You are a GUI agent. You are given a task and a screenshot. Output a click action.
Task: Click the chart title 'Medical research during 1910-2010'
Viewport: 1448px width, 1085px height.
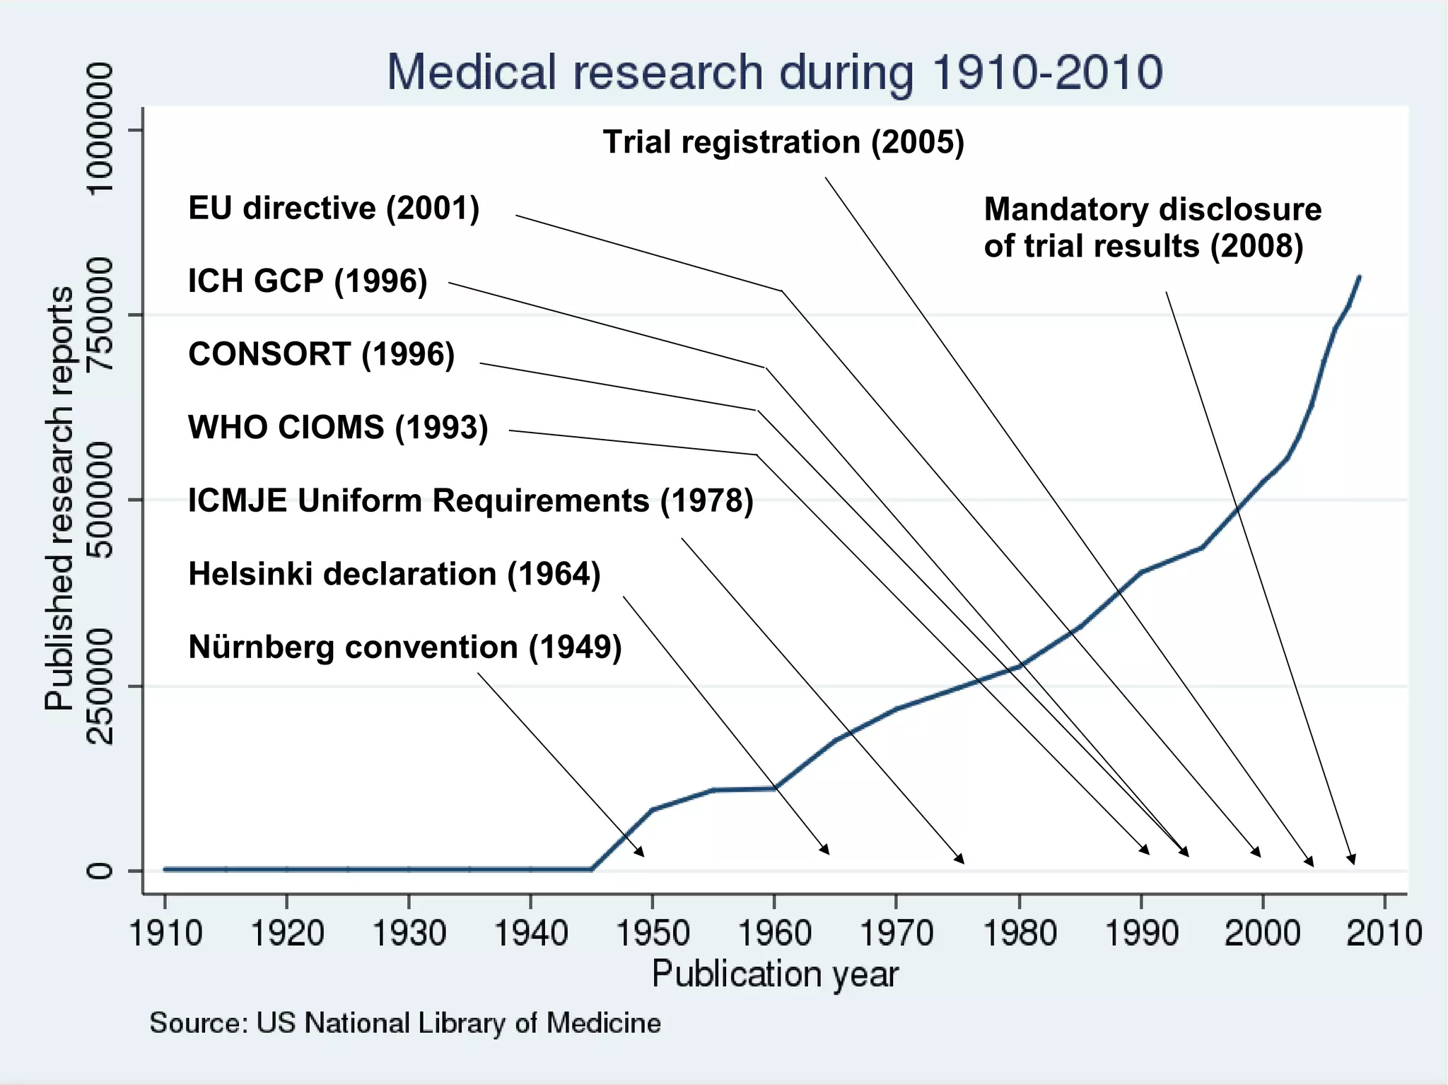pyautogui.click(x=774, y=72)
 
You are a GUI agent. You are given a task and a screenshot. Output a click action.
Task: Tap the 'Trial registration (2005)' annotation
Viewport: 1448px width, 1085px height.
pyautogui.click(x=783, y=142)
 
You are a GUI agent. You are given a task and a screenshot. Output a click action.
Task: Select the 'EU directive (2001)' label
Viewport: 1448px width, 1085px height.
pyautogui.click(x=334, y=209)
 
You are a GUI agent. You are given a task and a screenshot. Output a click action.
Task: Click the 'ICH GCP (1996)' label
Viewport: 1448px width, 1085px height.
pyautogui.click(x=308, y=281)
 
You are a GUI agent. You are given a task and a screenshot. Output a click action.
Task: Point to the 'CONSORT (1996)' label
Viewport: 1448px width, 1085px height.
pyautogui.click(x=321, y=354)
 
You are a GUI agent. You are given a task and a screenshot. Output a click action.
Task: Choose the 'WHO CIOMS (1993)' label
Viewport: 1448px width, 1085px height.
pyautogui.click(x=338, y=428)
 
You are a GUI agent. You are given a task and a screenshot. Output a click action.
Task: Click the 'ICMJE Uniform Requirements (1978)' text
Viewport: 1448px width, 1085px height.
pyautogui.click(x=471, y=500)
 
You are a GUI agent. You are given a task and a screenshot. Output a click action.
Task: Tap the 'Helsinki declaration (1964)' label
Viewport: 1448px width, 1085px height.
pyautogui.click(x=395, y=574)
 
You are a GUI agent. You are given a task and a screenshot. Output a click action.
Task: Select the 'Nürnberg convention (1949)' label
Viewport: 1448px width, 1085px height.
pyautogui.click(x=405, y=647)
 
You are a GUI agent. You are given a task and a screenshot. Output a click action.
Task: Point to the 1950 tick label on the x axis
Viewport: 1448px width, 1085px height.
pyautogui.click(x=653, y=933)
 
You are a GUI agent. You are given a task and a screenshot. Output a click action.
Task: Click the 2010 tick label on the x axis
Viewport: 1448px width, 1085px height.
pyautogui.click(x=1384, y=933)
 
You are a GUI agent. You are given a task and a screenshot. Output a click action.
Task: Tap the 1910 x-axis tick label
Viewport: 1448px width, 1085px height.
pyautogui.click(x=165, y=933)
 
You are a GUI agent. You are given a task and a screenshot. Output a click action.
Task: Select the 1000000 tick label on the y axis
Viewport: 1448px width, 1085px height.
pyautogui.click(x=100, y=129)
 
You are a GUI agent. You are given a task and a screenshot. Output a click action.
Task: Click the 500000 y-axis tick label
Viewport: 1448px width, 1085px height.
pyautogui.click(x=100, y=500)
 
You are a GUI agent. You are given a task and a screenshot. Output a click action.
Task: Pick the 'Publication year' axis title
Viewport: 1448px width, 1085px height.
pyautogui.click(x=775, y=974)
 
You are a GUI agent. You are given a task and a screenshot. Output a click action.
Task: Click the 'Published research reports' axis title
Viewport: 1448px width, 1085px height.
pyautogui.click(x=59, y=498)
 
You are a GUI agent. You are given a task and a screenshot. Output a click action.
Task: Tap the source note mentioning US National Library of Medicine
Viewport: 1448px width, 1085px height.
pyautogui.click(x=405, y=1024)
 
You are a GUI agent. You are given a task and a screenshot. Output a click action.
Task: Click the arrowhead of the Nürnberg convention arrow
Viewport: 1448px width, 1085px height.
pyautogui.click(x=641, y=853)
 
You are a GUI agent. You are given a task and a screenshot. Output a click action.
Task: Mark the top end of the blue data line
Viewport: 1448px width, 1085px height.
pyautogui.click(x=1360, y=277)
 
